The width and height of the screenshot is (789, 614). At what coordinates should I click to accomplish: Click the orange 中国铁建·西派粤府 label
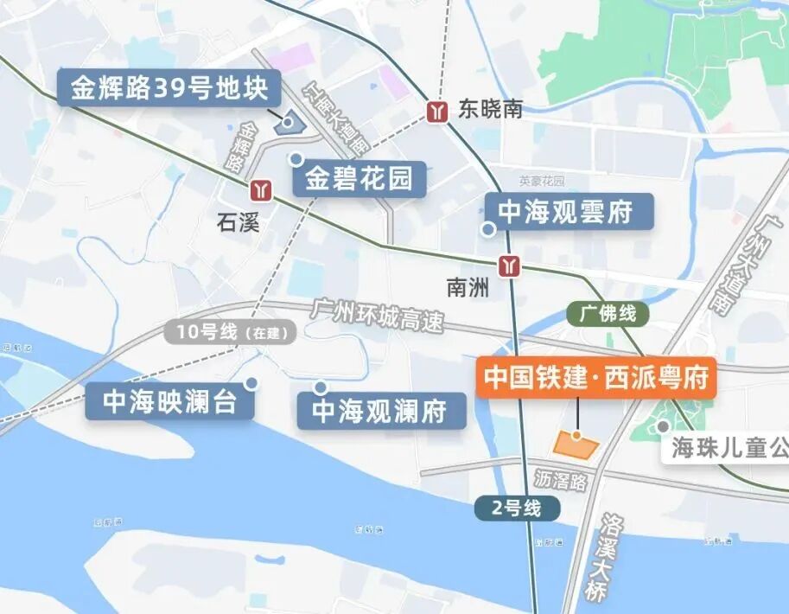coord(596,378)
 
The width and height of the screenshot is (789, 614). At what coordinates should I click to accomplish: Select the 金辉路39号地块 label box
coord(169,88)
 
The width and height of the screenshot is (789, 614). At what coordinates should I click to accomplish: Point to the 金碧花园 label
coord(359,180)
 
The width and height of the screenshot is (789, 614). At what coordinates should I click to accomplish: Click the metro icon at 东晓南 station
coord(439,111)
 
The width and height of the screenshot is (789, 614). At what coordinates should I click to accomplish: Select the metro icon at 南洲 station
coord(512,265)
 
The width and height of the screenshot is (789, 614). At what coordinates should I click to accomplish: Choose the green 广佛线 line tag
coord(608,313)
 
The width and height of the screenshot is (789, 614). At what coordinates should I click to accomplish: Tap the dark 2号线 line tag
coord(516,508)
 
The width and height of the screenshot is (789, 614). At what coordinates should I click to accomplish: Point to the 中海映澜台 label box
coord(170,402)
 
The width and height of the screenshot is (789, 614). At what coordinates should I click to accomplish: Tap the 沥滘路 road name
coord(560,480)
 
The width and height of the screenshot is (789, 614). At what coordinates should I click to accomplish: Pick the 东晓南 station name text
coord(491,110)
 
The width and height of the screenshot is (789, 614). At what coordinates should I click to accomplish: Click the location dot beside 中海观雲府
coord(488,229)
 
